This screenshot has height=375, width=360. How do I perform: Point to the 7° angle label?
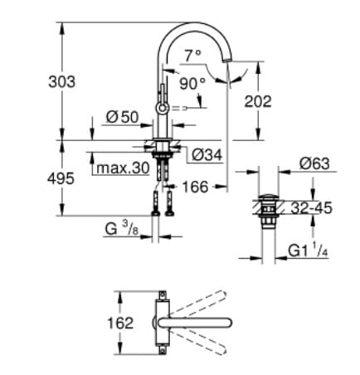coord(193,56)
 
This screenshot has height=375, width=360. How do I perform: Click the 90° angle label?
coord(193,83)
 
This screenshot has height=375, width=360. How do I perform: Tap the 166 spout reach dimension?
coord(195,187)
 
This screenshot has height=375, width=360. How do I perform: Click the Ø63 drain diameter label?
coord(314,164)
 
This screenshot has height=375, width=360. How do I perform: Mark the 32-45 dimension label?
coord(312,208)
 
